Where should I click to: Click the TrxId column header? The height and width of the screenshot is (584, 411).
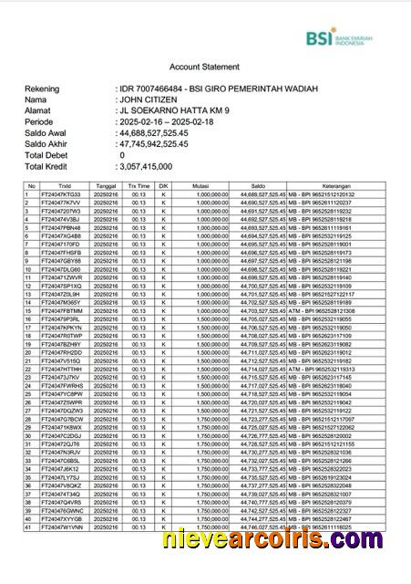(x=62, y=185)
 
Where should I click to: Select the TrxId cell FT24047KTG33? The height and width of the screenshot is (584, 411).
(x=62, y=194)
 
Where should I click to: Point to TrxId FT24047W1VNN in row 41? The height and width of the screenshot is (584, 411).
(x=62, y=527)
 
